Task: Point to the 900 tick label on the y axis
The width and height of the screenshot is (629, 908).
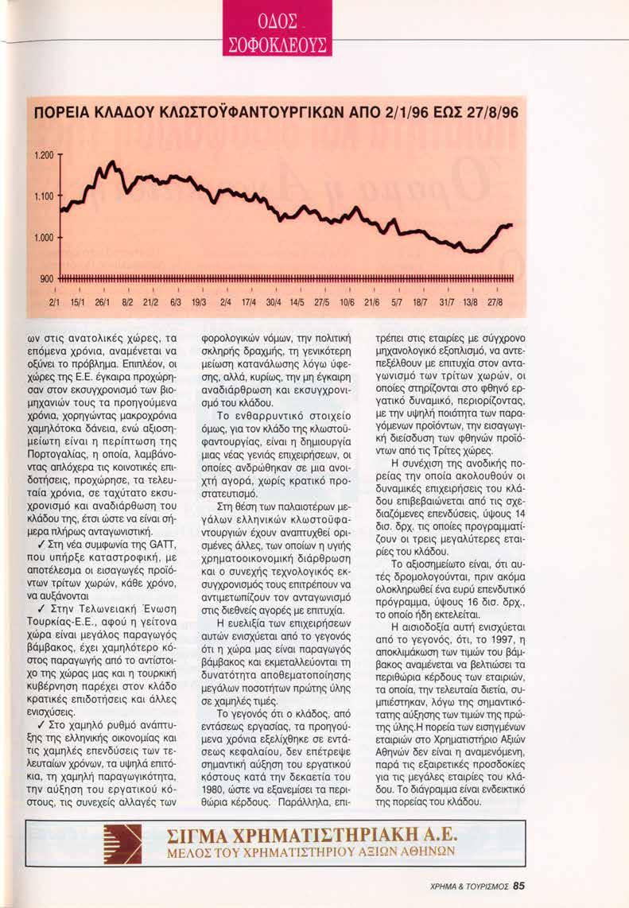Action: [44, 277]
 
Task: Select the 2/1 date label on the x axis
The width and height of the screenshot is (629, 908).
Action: [54, 303]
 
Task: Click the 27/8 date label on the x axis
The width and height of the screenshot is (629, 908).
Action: [494, 303]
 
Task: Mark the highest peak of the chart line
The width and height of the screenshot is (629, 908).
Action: [111, 162]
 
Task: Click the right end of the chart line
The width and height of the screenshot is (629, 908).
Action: [511, 225]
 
